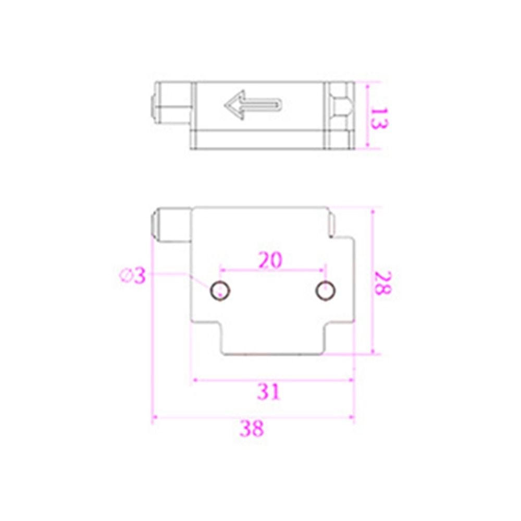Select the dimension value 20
(270, 259)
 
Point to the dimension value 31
(269, 391)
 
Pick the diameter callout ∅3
(132, 275)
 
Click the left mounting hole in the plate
(219, 290)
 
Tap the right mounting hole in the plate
(326, 290)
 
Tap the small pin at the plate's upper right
(331, 223)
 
